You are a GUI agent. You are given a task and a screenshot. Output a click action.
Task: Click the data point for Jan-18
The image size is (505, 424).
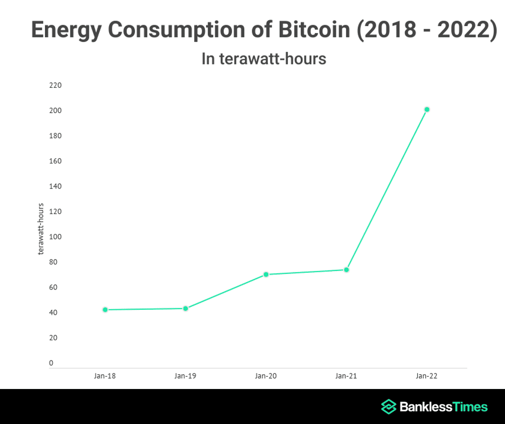pyautogui.click(x=105, y=310)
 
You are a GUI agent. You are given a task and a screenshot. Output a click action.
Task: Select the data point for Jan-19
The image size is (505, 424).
pyautogui.click(x=185, y=309)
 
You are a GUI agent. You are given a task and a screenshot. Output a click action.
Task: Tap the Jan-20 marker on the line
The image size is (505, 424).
pyautogui.click(x=266, y=274)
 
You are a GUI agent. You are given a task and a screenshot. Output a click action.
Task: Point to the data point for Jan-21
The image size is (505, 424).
pyautogui.click(x=346, y=270)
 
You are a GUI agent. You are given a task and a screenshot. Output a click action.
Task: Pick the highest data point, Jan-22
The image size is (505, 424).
pyautogui.click(x=427, y=109)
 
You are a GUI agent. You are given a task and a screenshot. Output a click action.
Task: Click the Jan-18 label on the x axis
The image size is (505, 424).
pyautogui.click(x=105, y=376)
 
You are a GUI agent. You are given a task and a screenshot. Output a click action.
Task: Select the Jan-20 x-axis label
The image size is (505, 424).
pyautogui.click(x=266, y=376)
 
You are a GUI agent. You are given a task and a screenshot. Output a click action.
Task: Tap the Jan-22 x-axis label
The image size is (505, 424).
pyautogui.click(x=427, y=376)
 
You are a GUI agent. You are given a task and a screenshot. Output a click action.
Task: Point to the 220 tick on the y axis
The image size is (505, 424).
pyautogui.click(x=55, y=85)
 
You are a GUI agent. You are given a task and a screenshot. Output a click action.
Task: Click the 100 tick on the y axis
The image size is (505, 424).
pyautogui.click(x=55, y=237)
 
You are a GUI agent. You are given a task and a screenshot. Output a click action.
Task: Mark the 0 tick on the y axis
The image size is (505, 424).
pyautogui.click(x=51, y=363)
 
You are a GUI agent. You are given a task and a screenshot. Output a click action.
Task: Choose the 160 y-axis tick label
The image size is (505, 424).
pyautogui.click(x=55, y=161)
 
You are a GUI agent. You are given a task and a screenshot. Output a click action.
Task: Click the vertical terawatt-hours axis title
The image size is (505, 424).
pyautogui.click(x=41, y=229)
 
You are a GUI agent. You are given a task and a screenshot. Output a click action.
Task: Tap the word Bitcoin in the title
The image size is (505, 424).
pyautogui.click(x=304, y=30)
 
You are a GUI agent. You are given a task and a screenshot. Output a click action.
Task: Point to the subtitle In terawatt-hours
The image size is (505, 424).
pyautogui.click(x=264, y=59)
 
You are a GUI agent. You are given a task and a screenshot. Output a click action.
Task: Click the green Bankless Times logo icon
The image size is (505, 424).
pyautogui.click(x=389, y=407)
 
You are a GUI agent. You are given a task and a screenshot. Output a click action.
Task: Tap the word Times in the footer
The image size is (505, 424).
pyautogui.click(x=469, y=407)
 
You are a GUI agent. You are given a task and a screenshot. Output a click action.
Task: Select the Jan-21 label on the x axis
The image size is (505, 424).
pyautogui.click(x=346, y=376)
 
